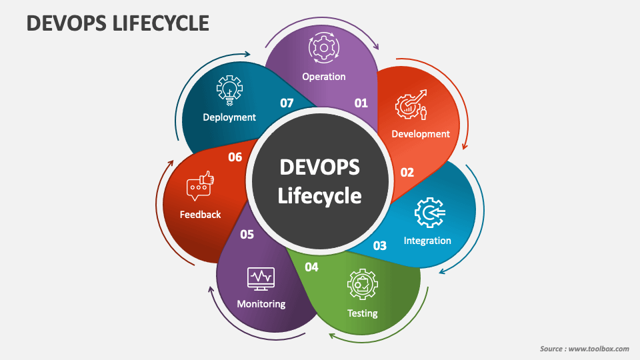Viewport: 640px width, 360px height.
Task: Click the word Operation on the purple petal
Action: click(x=324, y=77)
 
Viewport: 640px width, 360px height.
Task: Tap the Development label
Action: click(x=421, y=134)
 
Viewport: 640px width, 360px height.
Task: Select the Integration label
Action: click(x=427, y=241)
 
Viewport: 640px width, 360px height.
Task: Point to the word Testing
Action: click(x=363, y=313)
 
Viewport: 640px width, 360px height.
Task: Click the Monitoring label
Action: click(x=261, y=304)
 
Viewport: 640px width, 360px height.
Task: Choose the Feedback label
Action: click(x=200, y=215)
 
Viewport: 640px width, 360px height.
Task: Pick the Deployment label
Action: click(x=229, y=117)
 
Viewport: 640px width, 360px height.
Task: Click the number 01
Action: click(x=361, y=103)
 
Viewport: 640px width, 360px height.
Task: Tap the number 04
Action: click(x=311, y=267)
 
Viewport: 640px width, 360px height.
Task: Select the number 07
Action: click(x=287, y=103)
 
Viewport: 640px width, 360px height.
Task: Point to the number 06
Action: click(x=235, y=157)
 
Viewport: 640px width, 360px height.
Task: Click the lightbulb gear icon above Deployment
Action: click(x=229, y=91)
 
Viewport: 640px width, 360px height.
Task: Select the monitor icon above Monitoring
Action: click(x=261, y=279)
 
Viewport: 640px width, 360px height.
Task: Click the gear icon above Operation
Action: click(x=324, y=48)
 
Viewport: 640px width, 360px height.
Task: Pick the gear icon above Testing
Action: click(x=363, y=285)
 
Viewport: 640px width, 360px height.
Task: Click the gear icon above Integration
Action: click(x=429, y=213)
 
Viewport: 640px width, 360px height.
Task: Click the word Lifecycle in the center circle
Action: click(x=319, y=196)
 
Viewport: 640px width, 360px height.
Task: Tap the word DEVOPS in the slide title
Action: click(x=66, y=23)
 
